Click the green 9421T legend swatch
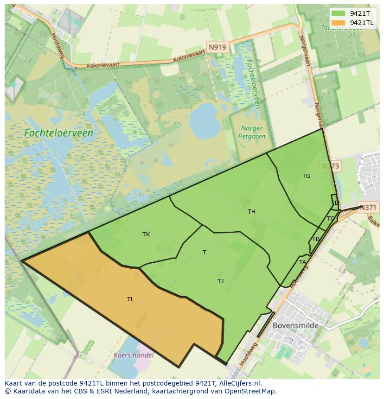[x=339, y=14]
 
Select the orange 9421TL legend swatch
[x=339, y=23]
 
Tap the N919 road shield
[x=217, y=47]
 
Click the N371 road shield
[x=368, y=208]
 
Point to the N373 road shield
[x=331, y=166]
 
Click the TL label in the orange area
[x=130, y=299]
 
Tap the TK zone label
[x=146, y=234]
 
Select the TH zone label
[x=251, y=212]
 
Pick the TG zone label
[x=306, y=176]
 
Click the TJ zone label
[x=221, y=281]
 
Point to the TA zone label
[x=302, y=262]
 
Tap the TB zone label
[x=316, y=239]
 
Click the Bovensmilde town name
[x=295, y=325]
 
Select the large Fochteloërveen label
[x=58, y=133]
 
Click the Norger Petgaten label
[x=252, y=133]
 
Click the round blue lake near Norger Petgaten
[x=205, y=121]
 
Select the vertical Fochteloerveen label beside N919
[x=253, y=83]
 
